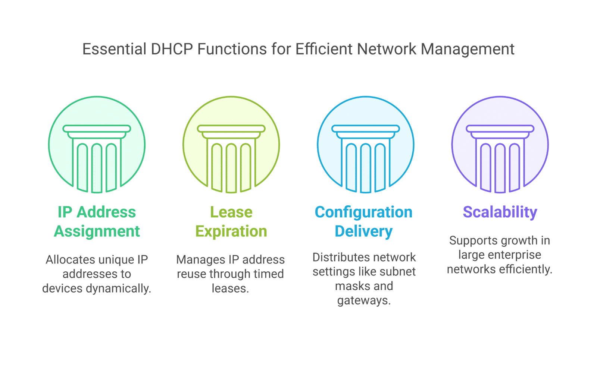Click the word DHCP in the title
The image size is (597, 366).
[172, 49]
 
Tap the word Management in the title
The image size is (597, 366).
[468, 50]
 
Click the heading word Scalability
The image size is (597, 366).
[500, 213]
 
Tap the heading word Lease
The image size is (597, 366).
[231, 212]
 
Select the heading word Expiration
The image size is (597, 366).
[231, 231]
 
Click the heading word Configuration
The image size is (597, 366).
[363, 213]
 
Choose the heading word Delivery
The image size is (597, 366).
[363, 231]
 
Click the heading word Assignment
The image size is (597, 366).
[97, 231]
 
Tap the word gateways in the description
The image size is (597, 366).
[364, 301]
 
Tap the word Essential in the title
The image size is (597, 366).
[114, 49]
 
